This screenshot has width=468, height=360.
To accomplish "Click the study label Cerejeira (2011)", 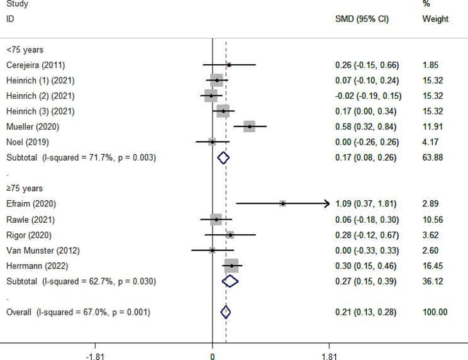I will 35,65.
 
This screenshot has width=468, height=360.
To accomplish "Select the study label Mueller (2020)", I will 31,127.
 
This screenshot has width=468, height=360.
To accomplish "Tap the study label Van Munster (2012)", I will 40,250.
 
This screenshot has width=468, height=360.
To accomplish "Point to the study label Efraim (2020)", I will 29,204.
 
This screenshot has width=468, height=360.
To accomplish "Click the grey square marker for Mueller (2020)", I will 249,127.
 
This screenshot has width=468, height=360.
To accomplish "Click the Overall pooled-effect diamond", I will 226,312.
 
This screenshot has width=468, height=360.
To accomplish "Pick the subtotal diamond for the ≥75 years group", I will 231,281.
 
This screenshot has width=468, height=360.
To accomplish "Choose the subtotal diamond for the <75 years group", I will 223,157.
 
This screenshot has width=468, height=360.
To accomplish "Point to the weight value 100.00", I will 435,312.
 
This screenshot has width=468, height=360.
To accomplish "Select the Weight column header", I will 435,20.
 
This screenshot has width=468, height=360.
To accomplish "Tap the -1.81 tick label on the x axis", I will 95,356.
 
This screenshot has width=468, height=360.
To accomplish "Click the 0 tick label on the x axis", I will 212,356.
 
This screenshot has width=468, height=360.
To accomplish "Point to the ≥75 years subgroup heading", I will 25,188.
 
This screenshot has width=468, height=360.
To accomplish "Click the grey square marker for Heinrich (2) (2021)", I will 211,96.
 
